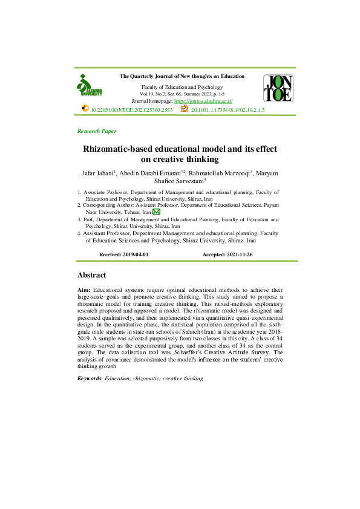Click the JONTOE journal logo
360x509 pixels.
(x=278, y=88)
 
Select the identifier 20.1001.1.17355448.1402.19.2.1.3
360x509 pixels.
(x=228, y=111)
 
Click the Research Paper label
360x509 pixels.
(x=97, y=131)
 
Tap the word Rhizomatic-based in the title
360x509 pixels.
(x=121, y=149)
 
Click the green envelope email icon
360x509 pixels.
(x=156, y=212)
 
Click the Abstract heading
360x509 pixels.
(x=92, y=275)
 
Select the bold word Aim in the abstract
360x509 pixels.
(x=84, y=291)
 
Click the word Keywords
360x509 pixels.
(x=90, y=378)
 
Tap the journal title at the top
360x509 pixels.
(x=182, y=76)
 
